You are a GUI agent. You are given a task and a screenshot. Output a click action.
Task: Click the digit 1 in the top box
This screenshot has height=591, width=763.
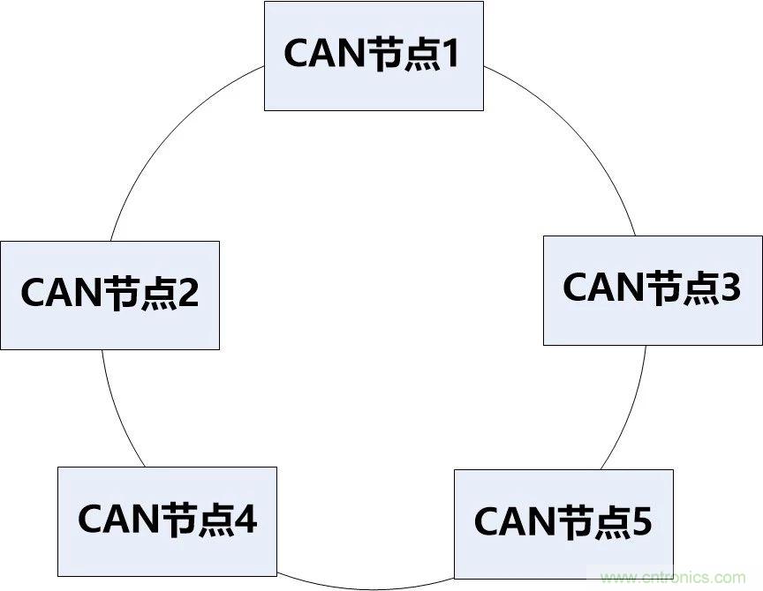click(x=449, y=55)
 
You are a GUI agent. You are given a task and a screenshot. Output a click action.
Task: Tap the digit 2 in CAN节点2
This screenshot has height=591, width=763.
click(x=188, y=294)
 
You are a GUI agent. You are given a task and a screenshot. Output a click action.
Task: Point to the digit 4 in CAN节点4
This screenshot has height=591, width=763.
click(x=246, y=520)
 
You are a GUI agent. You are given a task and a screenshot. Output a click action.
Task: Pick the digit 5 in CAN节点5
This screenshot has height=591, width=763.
click(x=641, y=522)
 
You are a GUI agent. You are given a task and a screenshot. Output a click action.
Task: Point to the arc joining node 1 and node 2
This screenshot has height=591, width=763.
click(x=168, y=141)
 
